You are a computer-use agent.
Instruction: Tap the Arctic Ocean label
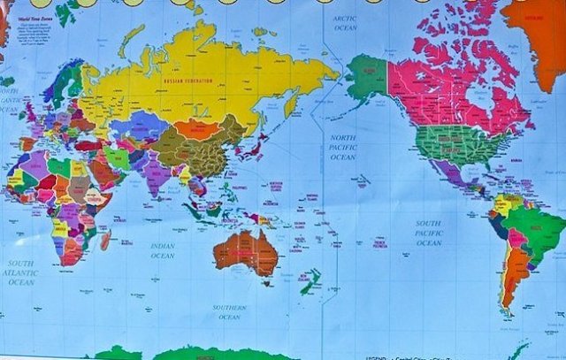tap(345, 21)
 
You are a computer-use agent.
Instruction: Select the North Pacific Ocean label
tap(343, 147)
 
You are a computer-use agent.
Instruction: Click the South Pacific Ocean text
tap(429, 233)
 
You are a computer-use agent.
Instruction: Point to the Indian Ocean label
tap(163, 250)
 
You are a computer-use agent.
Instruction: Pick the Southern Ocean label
tap(229, 311)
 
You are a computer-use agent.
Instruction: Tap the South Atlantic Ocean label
tap(21, 272)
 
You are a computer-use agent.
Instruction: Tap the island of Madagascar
tap(105, 239)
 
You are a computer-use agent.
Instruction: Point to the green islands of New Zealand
tap(310, 283)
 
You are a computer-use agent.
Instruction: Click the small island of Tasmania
tap(266, 282)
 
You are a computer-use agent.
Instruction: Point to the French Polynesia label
tap(380, 242)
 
